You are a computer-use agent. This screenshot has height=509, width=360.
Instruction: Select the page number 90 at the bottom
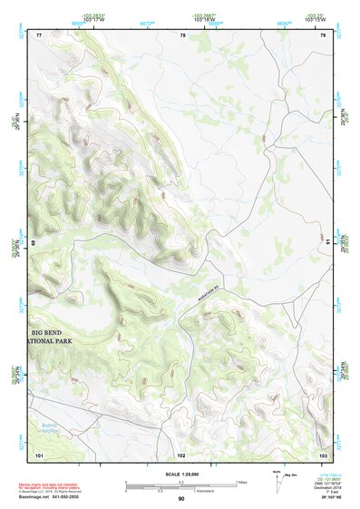181,499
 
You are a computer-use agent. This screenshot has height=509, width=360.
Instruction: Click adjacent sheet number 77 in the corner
39,34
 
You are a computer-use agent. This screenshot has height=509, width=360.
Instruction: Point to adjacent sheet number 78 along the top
182,34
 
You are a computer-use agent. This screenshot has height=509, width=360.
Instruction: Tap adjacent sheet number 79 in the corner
324,34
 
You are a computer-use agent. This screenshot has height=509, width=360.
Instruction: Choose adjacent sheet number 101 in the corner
39,453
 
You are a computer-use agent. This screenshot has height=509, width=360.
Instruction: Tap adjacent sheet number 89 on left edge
33,243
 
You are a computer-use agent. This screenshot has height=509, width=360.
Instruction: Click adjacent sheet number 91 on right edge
328,243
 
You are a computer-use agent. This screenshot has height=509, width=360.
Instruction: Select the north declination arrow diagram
277,478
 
